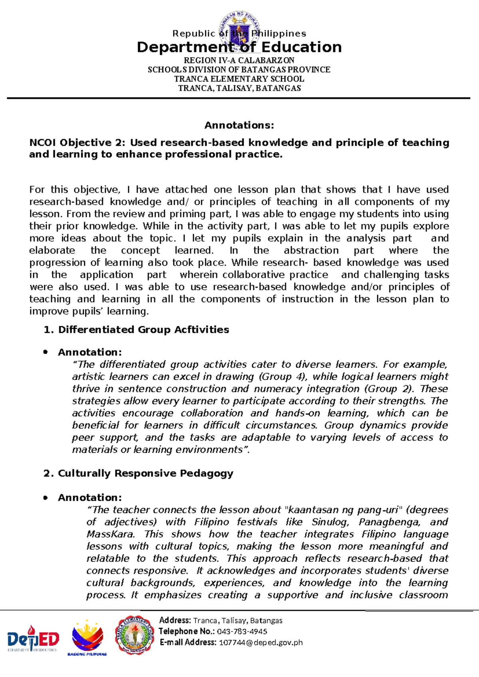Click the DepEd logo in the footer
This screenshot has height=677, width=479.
[34, 637]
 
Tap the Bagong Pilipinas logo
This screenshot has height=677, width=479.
[87, 637]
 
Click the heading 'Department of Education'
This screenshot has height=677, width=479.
[239, 47]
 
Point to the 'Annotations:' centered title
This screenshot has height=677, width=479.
[239, 125]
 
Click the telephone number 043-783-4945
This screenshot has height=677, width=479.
[242, 631]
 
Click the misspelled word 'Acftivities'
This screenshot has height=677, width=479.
[202, 330]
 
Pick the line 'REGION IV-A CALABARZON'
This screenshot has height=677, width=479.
[239, 60]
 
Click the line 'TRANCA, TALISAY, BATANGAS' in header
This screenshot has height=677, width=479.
[239, 88]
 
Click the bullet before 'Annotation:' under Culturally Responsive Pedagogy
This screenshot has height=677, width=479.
[46, 498]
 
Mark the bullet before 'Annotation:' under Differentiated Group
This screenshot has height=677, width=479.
[46, 352]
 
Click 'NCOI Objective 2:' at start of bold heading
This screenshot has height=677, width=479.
[77, 143]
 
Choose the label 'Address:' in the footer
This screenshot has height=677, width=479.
[175, 620]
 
